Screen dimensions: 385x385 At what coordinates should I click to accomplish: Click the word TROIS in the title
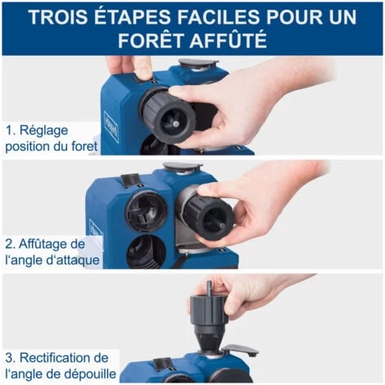[62, 17]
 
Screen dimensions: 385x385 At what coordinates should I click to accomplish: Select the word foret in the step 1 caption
[83, 147]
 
